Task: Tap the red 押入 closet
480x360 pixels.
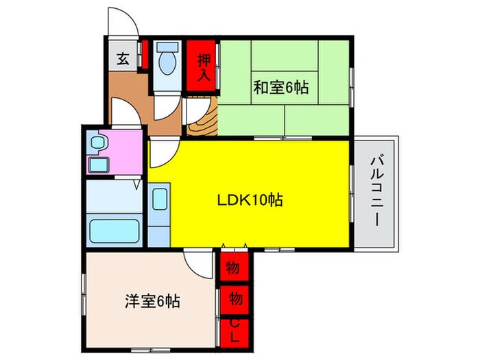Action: pos(202,66)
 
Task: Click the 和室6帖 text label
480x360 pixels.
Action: pos(281,88)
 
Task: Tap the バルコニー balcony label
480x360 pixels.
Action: pos(376,192)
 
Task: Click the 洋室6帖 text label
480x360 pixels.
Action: pos(152,301)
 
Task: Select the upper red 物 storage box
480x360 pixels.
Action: pos(235,267)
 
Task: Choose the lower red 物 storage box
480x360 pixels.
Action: pos(235,299)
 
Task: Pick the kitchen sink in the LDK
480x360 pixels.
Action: pos(158,200)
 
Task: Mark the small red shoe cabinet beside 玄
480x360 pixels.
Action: pos(144,55)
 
